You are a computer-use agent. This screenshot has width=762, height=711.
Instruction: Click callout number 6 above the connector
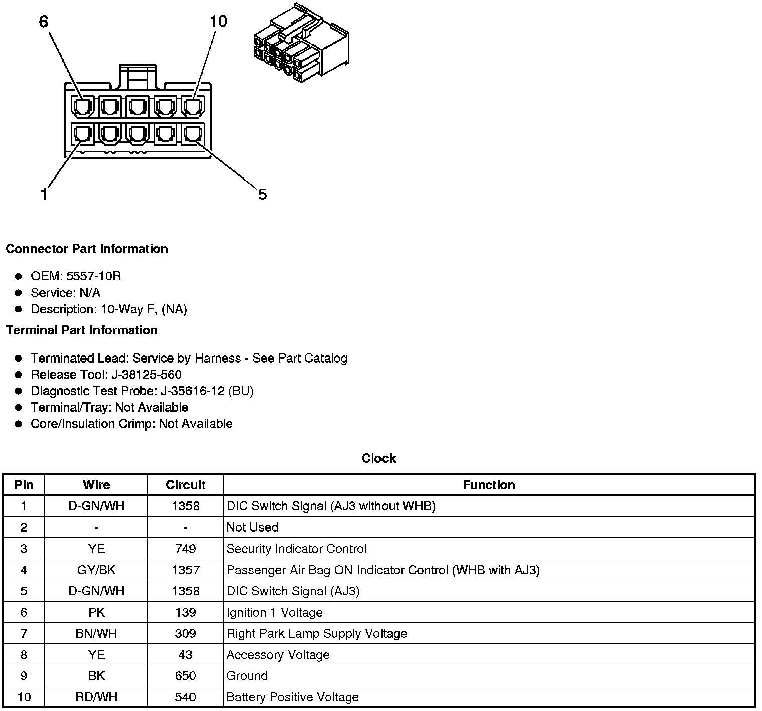tap(44, 22)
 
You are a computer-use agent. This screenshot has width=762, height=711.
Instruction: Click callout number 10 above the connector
tap(218, 21)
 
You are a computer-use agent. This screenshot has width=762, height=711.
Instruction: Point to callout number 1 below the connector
tap(44, 194)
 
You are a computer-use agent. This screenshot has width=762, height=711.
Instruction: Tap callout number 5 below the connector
tap(262, 194)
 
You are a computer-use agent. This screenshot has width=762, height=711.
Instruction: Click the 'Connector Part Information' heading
tap(87, 249)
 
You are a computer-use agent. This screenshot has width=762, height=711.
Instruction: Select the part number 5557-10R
tap(94, 276)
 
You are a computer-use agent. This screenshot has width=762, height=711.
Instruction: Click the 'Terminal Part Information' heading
tap(82, 330)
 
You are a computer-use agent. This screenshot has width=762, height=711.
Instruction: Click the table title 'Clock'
tap(378, 458)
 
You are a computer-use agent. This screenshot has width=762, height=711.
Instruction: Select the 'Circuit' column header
tap(185, 485)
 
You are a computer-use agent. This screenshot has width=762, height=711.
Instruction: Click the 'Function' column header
tap(489, 485)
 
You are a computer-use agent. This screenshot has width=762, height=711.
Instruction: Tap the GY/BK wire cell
tap(96, 570)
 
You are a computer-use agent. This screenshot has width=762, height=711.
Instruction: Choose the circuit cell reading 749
tap(185, 549)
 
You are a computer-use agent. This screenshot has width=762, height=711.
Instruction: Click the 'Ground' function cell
tap(247, 676)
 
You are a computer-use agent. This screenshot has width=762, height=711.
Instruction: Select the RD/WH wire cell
tap(96, 697)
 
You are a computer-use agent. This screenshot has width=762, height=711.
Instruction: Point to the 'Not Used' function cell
tap(253, 527)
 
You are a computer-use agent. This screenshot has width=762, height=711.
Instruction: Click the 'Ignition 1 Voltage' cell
tap(274, 613)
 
